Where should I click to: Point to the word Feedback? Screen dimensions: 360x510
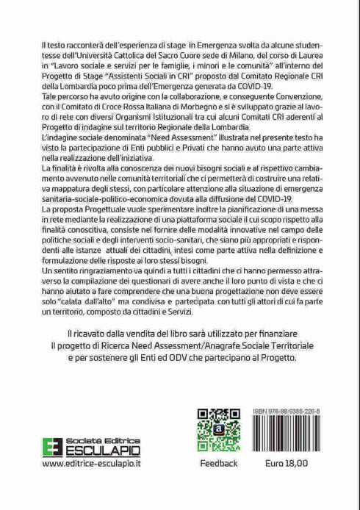[x=218, y=464]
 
